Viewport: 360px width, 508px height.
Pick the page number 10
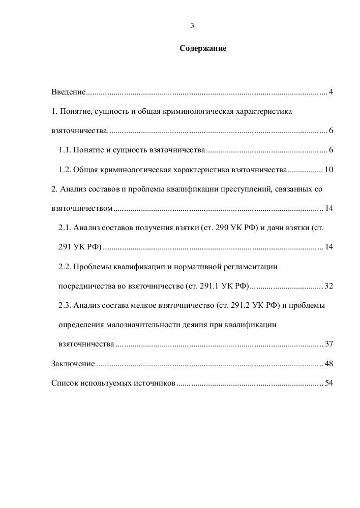pos(328,170)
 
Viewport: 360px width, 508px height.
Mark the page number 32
pos(328,286)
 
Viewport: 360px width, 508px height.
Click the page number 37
pos(328,344)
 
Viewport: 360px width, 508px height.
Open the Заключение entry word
pos(73,364)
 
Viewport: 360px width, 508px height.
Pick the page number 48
pos(328,364)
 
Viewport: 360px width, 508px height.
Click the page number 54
pos(328,383)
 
